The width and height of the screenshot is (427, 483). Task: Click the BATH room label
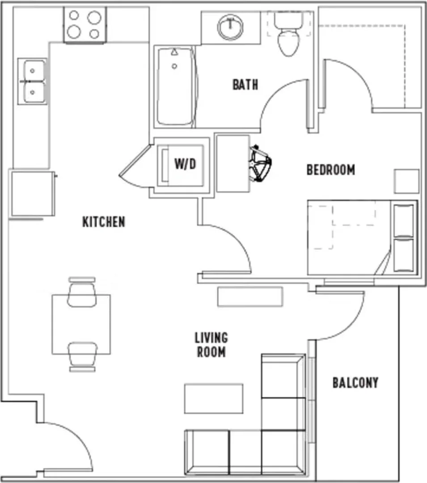tap(245, 85)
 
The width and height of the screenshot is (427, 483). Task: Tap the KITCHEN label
tap(104, 222)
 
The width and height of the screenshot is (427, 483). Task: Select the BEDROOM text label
tap(330, 170)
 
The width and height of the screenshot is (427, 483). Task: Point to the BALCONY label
tap(355, 382)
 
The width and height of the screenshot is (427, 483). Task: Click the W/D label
tap(185, 164)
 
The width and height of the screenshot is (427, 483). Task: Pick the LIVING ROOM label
tap(211, 345)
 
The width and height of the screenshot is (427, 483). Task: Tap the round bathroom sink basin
tap(230, 26)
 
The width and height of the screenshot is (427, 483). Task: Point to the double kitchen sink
tap(33, 81)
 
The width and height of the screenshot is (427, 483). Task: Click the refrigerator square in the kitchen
tap(32, 194)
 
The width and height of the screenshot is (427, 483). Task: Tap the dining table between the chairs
tap(81, 324)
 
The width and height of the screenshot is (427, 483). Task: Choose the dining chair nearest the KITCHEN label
tap(82, 292)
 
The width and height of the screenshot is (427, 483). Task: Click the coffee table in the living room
tap(214, 398)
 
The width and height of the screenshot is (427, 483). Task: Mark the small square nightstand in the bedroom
tap(407, 182)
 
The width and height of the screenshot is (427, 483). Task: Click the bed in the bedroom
tap(363, 237)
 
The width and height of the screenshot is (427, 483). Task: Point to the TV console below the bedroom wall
tap(250, 297)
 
